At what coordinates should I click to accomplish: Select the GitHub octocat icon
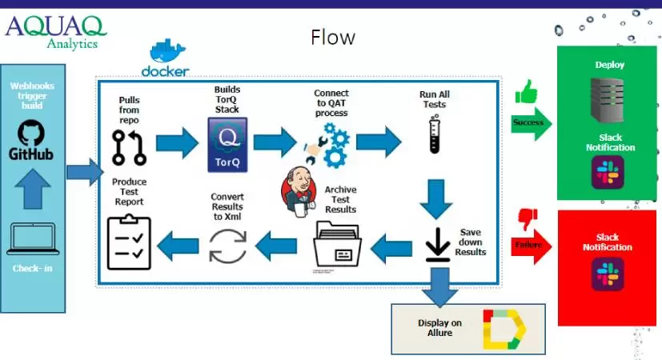(31, 132)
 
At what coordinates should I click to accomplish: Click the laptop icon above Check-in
(32, 238)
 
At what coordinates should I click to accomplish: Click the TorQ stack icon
(227, 142)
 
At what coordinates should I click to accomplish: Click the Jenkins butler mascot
(297, 191)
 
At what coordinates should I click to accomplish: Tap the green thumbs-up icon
(527, 92)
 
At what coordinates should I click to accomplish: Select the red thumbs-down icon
(528, 218)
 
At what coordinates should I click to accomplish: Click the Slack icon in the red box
(608, 274)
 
